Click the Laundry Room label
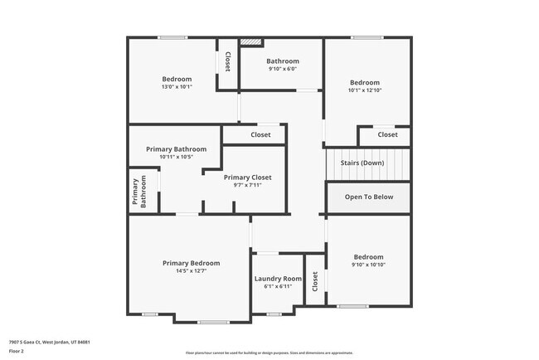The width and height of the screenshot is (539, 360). pyautogui.click(x=278, y=279)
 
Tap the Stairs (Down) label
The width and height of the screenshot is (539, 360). pyautogui.click(x=367, y=163)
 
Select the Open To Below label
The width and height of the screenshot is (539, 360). pyautogui.click(x=368, y=197)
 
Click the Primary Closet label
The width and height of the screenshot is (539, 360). pyautogui.click(x=247, y=178)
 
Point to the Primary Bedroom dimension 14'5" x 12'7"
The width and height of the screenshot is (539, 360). pyautogui.click(x=191, y=270)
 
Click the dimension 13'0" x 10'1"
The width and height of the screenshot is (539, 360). pyautogui.click(x=176, y=86)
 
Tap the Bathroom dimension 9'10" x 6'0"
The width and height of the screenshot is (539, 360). pyautogui.click(x=282, y=69)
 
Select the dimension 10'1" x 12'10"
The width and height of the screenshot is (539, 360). pyautogui.click(x=364, y=90)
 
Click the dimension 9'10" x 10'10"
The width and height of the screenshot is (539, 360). pyautogui.click(x=368, y=265)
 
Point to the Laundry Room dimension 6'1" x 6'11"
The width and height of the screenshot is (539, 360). pyautogui.click(x=278, y=286)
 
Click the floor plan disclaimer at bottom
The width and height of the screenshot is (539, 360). pyautogui.click(x=269, y=352)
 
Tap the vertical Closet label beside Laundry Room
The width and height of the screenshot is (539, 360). pyautogui.click(x=315, y=282)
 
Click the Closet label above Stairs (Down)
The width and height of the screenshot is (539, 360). pyautogui.click(x=387, y=134)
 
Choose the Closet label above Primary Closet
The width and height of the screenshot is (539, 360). pyautogui.click(x=260, y=134)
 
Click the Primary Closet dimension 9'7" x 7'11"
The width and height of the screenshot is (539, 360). pyautogui.click(x=247, y=185)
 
